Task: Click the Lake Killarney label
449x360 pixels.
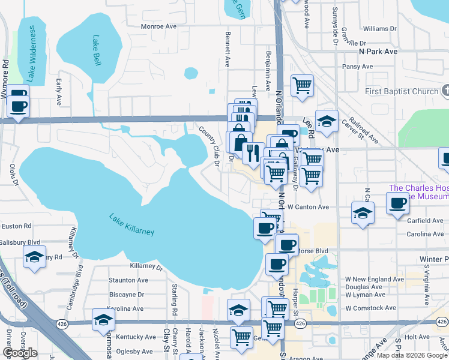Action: (x=131, y=224)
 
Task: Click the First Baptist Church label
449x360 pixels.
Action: (x=402, y=91)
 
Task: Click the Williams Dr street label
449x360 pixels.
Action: (x=380, y=28)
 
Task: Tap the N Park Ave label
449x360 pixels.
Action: (x=378, y=52)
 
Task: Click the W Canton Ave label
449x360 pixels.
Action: (x=308, y=207)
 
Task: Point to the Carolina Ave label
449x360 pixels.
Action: (x=424, y=234)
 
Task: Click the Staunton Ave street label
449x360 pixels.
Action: (x=128, y=280)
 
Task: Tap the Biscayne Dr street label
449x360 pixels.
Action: (x=127, y=295)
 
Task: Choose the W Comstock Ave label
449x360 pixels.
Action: (x=370, y=308)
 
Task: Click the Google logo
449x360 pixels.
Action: (x=20, y=353)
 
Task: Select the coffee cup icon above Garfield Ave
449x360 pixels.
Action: (x=397, y=204)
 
